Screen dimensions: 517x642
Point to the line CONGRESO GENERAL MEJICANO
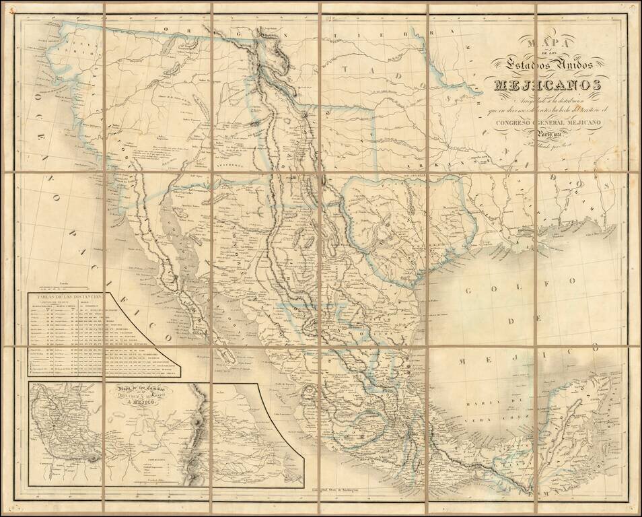click(548, 122)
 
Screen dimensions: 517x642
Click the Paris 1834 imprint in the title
click(547, 134)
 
